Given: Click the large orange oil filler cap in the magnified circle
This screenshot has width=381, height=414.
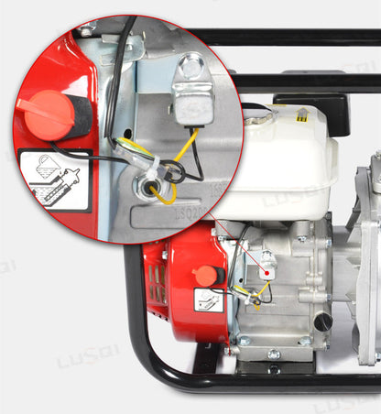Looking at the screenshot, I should [x=48, y=114].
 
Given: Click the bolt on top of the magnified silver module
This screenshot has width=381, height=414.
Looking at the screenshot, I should [x=192, y=65].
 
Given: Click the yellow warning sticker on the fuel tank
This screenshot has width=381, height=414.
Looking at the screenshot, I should [x=304, y=117].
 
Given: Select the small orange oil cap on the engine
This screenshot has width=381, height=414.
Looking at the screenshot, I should [x=207, y=275].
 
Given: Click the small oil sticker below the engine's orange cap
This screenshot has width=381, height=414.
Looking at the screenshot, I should [x=209, y=300].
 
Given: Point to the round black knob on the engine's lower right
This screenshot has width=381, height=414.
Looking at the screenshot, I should [x=322, y=322].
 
